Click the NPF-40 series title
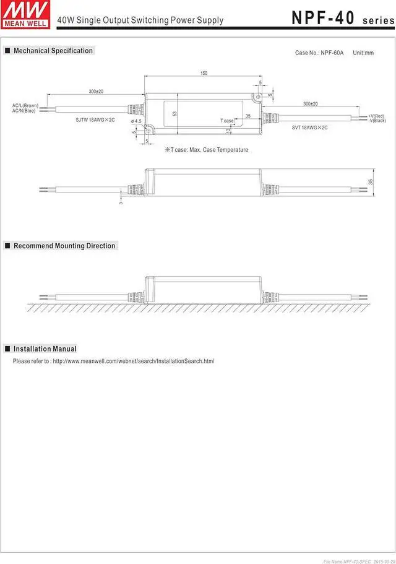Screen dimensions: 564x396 (x=342, y=19)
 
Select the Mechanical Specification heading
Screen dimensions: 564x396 (x=53, y=51)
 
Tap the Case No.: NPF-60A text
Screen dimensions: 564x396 (x=319, y=53)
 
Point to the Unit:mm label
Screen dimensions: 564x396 (x=363, y=53)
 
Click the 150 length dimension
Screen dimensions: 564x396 (x=204, y=74)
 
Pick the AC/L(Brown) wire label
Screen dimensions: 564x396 (x=25, y=106)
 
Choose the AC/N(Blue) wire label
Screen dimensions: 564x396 (x=24, y=111)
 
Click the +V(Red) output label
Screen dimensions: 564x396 (x=376, y=116)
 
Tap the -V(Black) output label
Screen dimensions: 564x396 (x=377, y=120)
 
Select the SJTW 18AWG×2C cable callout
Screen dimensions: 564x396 (x=95, y=119)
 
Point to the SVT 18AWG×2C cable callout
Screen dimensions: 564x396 (x=309, y=128)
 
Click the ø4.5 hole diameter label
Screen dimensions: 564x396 (x=136, y=121)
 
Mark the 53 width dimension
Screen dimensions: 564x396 (x=175, y=114)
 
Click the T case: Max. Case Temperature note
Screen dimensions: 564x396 (x=206, y=150)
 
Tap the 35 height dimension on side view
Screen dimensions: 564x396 (x=371, y=182)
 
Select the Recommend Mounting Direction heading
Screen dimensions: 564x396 (x=64, y=246)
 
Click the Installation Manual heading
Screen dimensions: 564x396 (x=45, y=349)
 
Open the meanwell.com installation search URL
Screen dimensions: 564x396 (x=133, y=361)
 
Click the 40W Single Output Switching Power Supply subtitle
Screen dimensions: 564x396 (x=140, y=20)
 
